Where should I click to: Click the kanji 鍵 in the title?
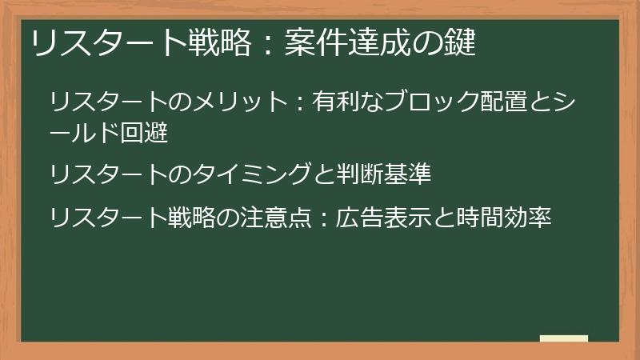462,43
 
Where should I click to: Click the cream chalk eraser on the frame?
564,339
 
